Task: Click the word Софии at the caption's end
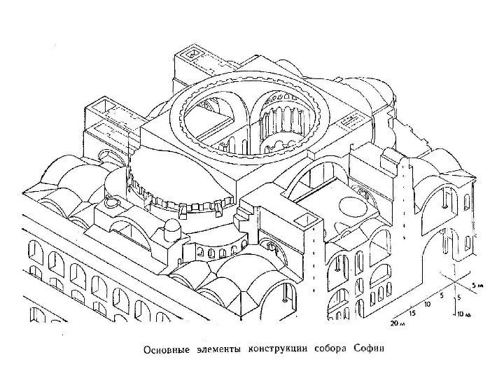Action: tap(369, 348)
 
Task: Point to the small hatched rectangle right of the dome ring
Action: tap(346, 122)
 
